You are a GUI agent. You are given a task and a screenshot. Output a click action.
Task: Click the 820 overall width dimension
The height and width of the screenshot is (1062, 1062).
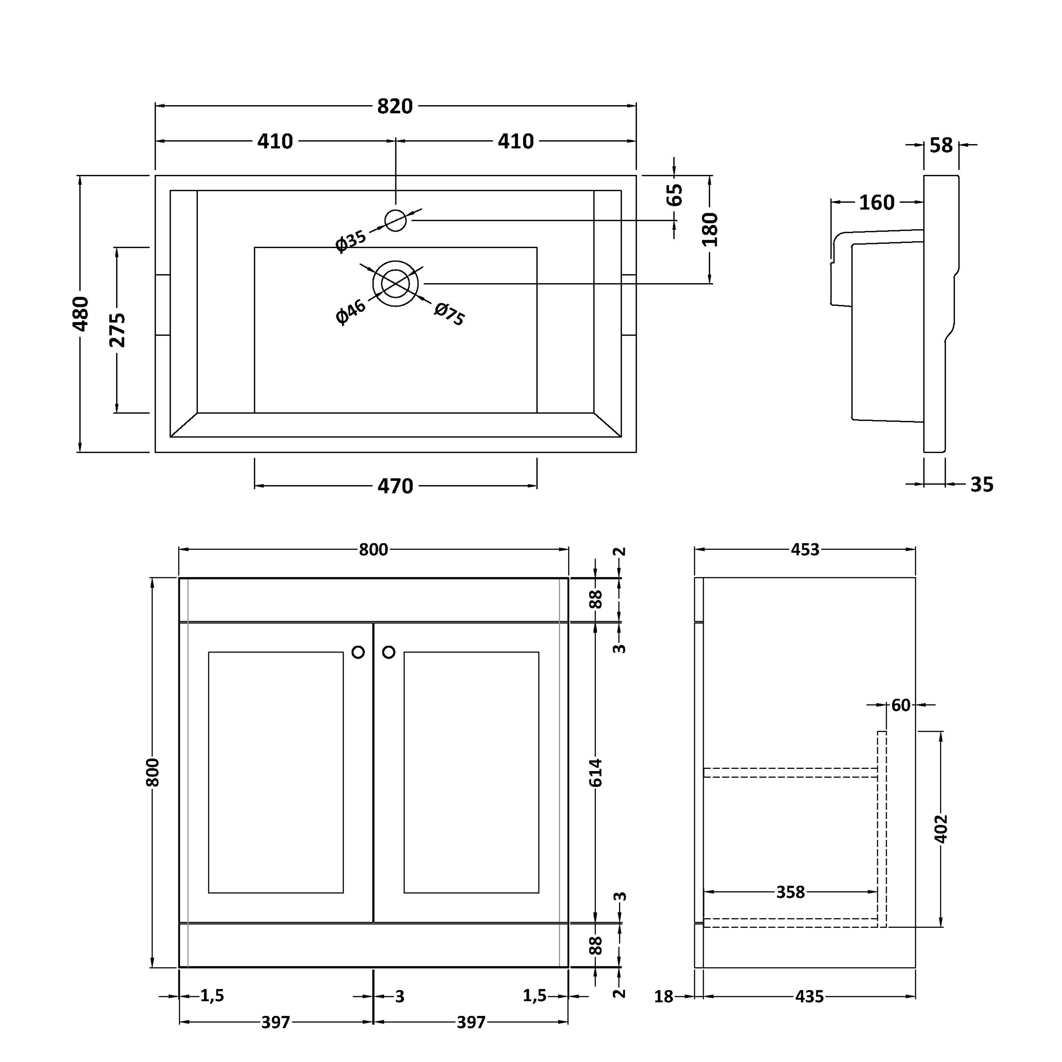pos(395,106)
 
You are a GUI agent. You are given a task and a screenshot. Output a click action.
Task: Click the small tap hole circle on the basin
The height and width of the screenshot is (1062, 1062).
pos(395,221)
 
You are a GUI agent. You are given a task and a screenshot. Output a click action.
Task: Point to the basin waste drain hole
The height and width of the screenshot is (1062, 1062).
pos(395,284)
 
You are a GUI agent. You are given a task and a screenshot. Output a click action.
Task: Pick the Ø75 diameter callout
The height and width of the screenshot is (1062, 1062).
pos(450,314)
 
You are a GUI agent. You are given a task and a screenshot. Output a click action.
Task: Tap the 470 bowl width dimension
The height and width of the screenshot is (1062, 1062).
pos(395,486)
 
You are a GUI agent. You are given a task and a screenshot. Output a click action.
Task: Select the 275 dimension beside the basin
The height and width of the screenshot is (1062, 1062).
pos(117,330)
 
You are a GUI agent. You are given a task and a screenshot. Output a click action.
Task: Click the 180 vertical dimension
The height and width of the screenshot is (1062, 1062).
pos(710,229)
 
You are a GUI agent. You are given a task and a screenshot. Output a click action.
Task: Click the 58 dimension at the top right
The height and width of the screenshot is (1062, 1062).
pos(941,145)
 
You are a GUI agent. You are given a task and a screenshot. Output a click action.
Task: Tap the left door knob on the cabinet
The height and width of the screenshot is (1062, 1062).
pos(358,652)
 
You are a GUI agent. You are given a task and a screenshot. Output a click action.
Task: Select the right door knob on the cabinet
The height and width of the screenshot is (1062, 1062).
pos(389,652)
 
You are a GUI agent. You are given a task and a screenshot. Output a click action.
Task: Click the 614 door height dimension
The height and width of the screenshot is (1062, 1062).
pos(596,772)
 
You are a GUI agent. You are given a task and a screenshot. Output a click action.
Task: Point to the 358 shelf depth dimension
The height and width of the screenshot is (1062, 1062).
pos(790,892)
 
